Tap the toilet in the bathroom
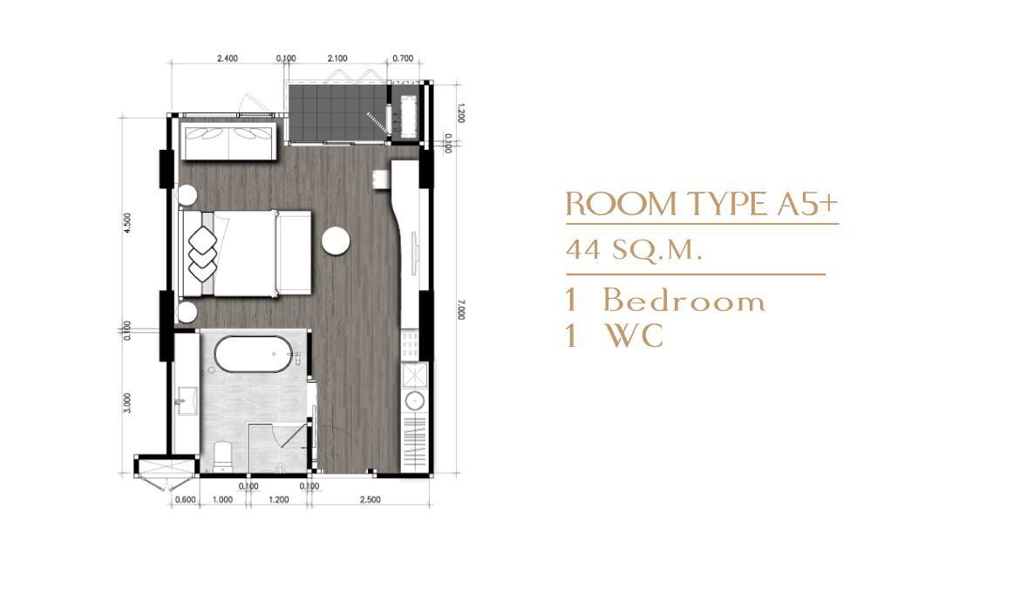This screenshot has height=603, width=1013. (x=223, y=456)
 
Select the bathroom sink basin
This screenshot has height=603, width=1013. (x=187, y=400)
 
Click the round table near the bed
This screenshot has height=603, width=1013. (x=336, y=241)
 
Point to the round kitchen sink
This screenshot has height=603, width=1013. (x=413, y=401)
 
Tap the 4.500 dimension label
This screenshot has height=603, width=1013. (x=127, y=223)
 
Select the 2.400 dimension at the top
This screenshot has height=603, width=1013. (x=228, y=58)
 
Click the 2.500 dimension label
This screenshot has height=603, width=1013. (x=371, y=499)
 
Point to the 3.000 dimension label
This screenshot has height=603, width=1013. (x=127, y=403)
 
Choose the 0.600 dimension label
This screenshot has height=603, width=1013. (x=186, y=499)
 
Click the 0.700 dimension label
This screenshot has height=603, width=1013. (x=403, y=58)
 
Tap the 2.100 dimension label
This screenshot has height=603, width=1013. (x=337, y=58)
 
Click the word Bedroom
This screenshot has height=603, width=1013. (x=684, y=301)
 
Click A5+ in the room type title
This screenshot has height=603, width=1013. (x=806, y=204)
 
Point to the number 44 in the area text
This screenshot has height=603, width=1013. (x=583, y=249)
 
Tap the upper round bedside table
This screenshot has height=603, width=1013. (x=187, y=195)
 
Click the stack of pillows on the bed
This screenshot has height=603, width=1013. (x=203, y=254)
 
